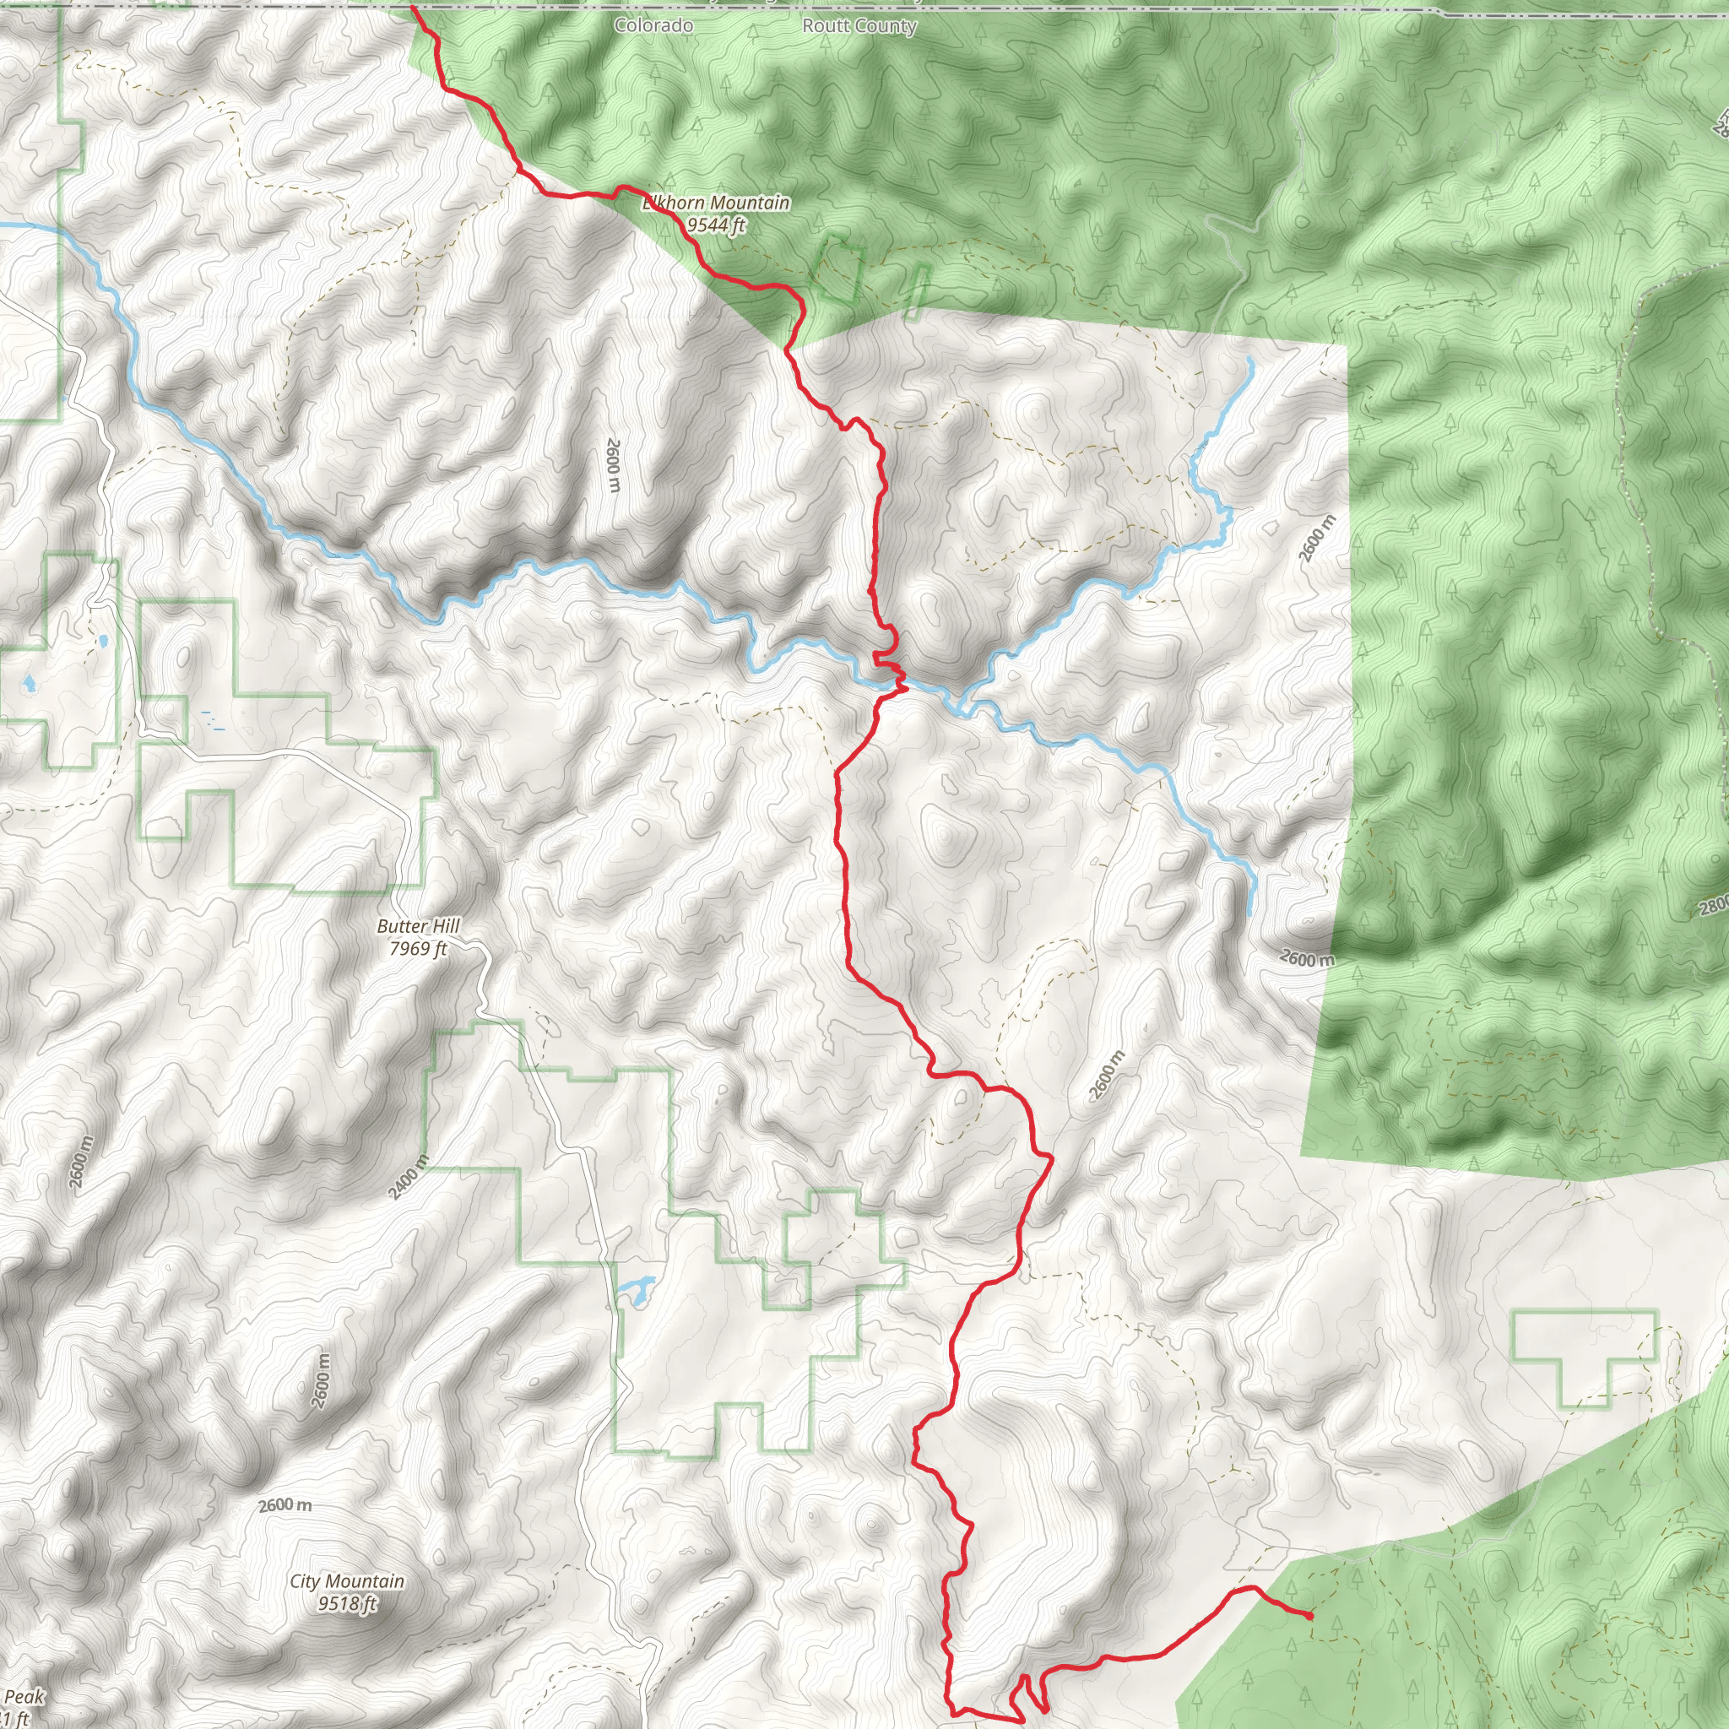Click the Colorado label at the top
tap(653, 25)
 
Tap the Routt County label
tap(859, 26)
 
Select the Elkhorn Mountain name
tap(716, 203)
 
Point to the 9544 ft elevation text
tap(716, 225)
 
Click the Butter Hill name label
tap(418, 926)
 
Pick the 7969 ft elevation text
tap(418, 948)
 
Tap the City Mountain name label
tap(347, 1581)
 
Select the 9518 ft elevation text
tap(347, 1603)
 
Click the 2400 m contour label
tap(408, 1177)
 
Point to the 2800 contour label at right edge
tap(1714, 907)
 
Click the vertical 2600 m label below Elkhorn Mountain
tap(613, 464)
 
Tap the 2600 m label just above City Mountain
tap(285, 1505)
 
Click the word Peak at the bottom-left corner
tap(24, 1697)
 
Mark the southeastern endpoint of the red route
tap(1309, 1616)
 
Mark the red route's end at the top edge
tap(413, 7)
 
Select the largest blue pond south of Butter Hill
tap(636, 1292)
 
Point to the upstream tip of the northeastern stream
tap(1250, 360)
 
